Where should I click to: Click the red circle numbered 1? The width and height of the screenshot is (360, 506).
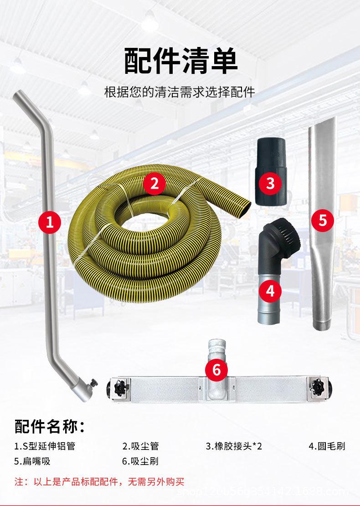(50, 222)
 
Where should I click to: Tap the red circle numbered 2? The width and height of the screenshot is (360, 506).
(154, 184)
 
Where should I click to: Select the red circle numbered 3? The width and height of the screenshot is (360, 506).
(270, 183)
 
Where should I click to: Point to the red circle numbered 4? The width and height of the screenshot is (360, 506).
(270, 290)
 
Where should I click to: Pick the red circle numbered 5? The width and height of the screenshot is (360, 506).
(323, 220)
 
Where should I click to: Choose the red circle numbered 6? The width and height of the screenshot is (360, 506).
(216, 369)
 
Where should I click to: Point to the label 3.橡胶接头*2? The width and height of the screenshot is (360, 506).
(234, 446)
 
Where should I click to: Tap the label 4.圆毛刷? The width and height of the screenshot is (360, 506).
(327, 446)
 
